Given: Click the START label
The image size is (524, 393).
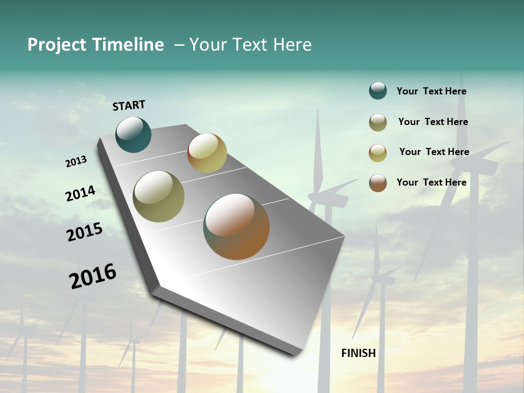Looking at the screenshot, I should click(129, 105).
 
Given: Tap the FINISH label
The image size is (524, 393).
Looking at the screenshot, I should click(359, 353).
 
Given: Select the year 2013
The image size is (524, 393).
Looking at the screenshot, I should click(76, 162).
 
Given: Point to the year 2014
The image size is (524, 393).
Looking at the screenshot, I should click(80, 194).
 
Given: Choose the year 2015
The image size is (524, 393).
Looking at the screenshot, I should click(85, 232).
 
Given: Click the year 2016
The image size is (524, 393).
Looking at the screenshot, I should click(93, 276).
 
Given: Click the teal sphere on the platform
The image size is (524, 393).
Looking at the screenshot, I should click(133, 134).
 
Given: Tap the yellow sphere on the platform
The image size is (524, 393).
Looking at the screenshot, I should click(207, 153).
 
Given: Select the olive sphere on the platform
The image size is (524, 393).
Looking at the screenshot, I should click(159, 196).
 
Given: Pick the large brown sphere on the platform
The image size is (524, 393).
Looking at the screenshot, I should click(236, 227).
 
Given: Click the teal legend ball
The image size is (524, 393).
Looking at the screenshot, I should click(378, 91).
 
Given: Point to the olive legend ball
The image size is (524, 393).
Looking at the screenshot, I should click(378, 122).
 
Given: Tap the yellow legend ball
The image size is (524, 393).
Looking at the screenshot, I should click(378, 153).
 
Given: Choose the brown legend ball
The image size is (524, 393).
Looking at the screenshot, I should click(378, 183).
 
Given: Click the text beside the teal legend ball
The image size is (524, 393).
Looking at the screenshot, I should click(431, 91).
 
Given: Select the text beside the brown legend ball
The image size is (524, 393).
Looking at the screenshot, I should click(431, 182).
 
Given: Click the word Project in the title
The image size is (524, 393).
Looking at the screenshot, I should click(57, 45).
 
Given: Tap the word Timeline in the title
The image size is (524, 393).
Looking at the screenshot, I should click(128, 45).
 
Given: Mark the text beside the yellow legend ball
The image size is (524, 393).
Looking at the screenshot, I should click(434, 152).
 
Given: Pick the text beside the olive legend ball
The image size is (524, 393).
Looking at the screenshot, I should click(433, 122).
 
